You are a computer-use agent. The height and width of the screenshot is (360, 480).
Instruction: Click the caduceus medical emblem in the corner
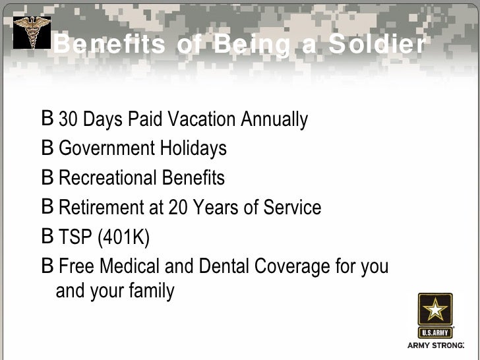(32, 32)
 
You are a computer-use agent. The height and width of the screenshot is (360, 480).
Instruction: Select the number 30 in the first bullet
(67, 120)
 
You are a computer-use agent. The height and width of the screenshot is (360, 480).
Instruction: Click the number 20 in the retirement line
(178, 208)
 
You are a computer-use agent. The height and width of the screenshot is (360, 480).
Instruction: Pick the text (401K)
(123, 237)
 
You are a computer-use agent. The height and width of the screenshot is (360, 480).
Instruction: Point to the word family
(151, 291)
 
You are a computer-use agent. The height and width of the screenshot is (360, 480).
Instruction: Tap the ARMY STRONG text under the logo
(436, 345)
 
